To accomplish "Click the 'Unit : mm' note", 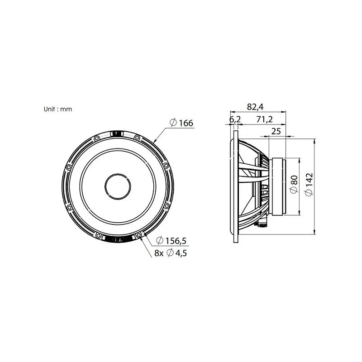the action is click(x=58, y=109).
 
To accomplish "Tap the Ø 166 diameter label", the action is click(x=181, y=123).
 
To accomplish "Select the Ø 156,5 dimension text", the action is click(x=171, y=241).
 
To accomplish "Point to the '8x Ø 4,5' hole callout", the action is click(x=171, y=253).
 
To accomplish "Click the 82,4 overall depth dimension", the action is click(x=255, y=107).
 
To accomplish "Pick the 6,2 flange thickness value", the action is click(x=235, y=119).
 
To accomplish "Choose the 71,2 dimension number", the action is click(x=265, y=119).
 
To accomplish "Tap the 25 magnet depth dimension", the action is click(x=276, y=131).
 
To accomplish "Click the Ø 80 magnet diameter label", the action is click(x=294, y=185).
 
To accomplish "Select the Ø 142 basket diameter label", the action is click(x=309, y=185).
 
